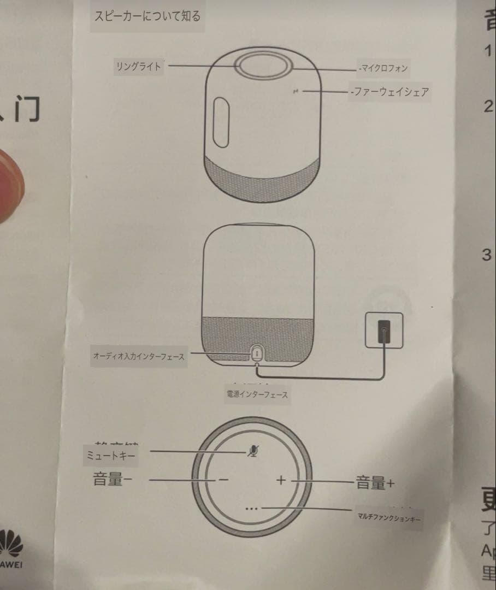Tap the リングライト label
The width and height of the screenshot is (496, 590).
coord(138,67)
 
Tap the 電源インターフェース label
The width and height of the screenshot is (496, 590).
coord(257,394)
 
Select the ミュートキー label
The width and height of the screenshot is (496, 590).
coord(109,455)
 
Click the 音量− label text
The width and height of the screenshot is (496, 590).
coord(113,480)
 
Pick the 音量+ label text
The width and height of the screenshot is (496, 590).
coord(375,482)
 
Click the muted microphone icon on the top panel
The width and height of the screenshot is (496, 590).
coord(252,450)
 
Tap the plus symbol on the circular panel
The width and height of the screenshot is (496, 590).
coord(281,480)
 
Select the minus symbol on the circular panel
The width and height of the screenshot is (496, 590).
coord(223,480)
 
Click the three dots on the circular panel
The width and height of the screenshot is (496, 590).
coord(251,509)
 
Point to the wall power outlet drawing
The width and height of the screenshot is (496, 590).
coord(383,330)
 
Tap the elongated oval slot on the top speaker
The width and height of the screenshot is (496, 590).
coord(221,122)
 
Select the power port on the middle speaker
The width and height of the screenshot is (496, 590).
coord(256,353)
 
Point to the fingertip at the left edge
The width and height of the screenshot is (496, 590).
coord(10,186)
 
